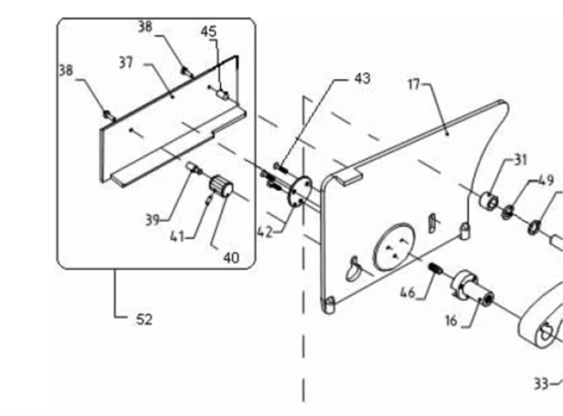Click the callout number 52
click(x=144, y=319)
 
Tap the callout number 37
click(x=126, y=63)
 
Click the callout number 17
click(x=414, y=84)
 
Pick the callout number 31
click(x=521, y=160)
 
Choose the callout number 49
click(x=546, y=181)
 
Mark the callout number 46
click(x=408, y=293)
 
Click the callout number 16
click(x=451, y=321)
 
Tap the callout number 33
click(x=541, y=384)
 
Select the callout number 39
click(x=152, y=219)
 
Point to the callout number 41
click(x=177, y=237)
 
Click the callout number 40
click(x=231, y=258)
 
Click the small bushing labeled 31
click(x=489, y=200)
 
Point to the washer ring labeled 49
click(x=507, y=212)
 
